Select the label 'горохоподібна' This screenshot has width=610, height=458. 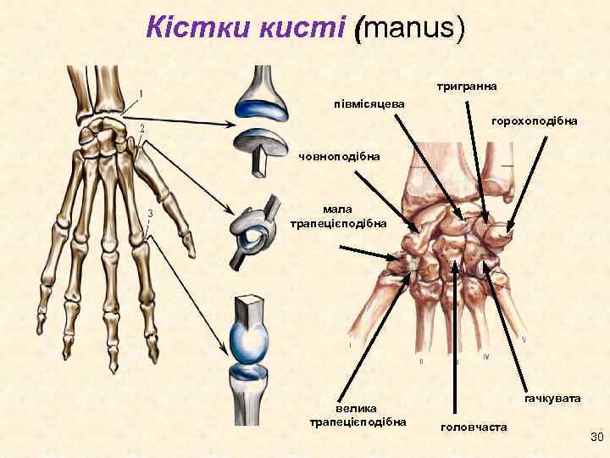[534, 121]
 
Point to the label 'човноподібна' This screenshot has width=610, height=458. [340, 156]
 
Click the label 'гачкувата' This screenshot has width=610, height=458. [552, 398]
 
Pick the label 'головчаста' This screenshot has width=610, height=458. [474, 427]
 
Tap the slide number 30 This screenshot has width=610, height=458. [595, 437]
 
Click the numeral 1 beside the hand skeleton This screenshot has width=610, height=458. [140, 92]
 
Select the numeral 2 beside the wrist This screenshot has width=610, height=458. [142, 128]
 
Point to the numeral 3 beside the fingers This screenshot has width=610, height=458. [150, 213]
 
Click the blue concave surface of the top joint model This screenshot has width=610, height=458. [263, 108]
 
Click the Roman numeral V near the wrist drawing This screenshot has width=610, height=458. [524, 339]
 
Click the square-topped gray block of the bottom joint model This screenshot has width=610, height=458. [251, 309]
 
